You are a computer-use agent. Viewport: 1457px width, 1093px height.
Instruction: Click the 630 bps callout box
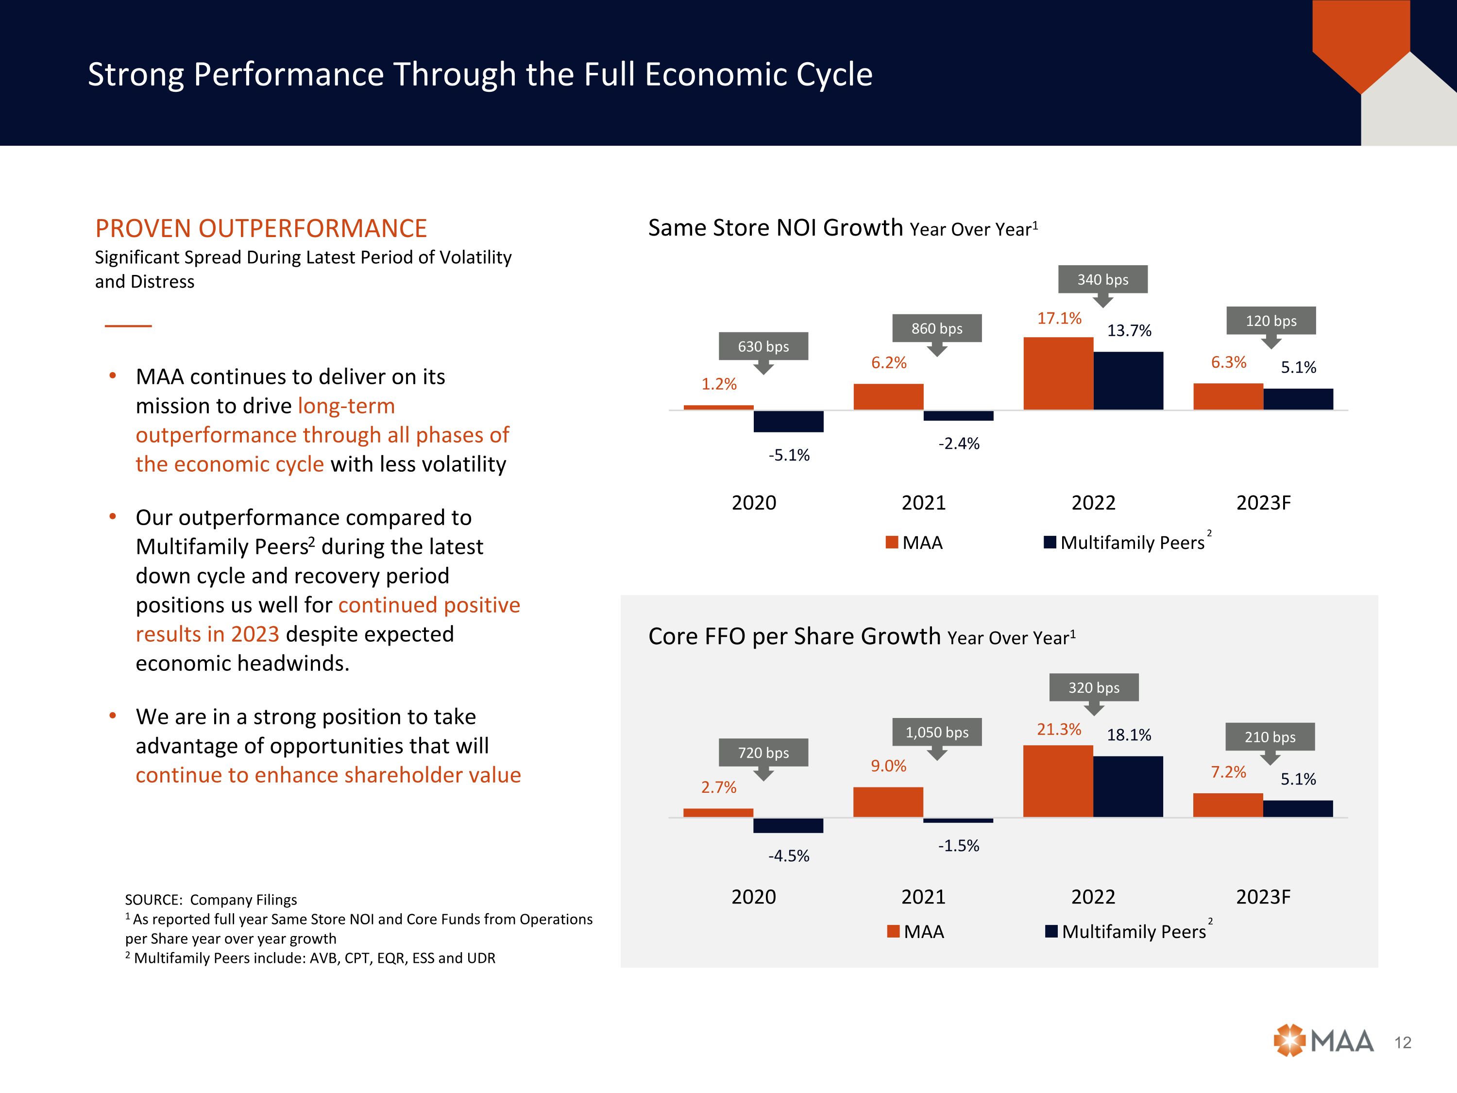[763, 346]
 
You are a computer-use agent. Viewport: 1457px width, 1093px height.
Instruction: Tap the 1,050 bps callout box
[937, 732]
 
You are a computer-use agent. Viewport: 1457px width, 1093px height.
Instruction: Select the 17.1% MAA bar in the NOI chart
[1058, 374]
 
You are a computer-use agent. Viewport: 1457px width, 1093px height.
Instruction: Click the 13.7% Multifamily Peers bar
[1128, 381]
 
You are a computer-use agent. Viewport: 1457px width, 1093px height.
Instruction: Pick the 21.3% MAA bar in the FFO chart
[1058, 781]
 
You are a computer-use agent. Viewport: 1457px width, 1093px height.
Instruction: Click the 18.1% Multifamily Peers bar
[1128, 786]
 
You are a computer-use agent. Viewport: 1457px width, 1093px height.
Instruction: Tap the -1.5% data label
[958, 846]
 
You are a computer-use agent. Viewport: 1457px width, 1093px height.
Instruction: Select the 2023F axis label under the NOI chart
[1263, 503]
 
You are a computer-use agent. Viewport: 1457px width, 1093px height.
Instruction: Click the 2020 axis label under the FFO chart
[754, 897]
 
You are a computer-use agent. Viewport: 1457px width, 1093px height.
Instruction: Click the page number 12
[1402, 1043]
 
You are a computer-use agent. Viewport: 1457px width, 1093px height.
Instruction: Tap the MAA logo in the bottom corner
[1323, 1041]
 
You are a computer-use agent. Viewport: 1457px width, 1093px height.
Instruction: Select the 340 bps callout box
[1102, 279]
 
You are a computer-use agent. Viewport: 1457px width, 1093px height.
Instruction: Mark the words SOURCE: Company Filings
[211, 900]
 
